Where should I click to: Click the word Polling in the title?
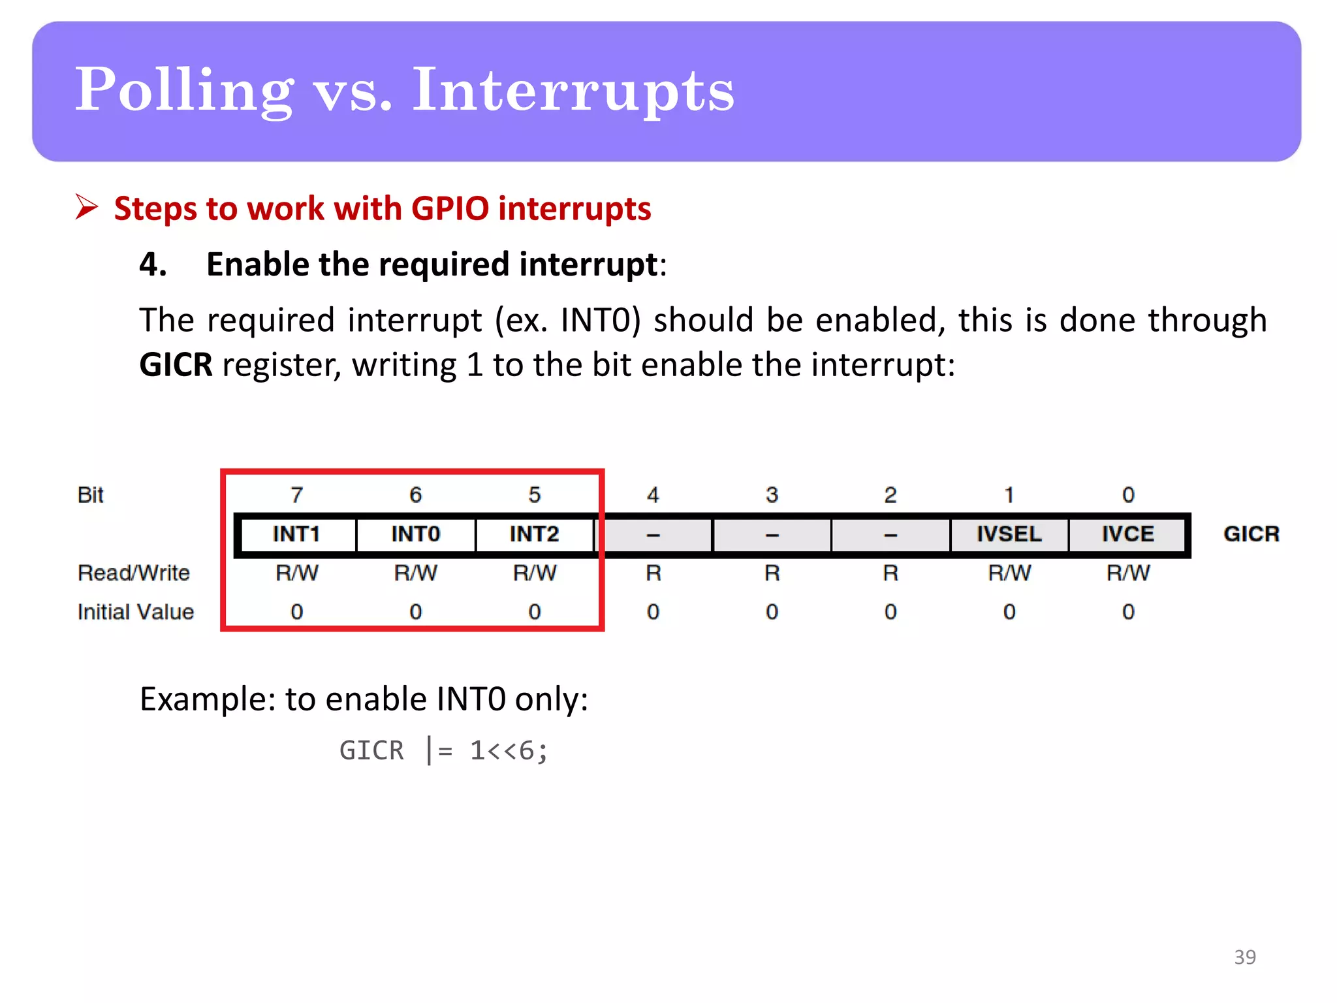(x=184, y=91)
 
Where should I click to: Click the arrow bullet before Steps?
(x=86, y=208)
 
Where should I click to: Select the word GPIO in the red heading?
(x=450, y=209)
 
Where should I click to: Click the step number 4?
(x=153, y=264)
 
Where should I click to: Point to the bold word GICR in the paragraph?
(x=176, y=364)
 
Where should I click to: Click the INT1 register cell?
(x=296, y=534)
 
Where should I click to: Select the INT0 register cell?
(x=416, y=534)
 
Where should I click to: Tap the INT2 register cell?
(x=534, y=534)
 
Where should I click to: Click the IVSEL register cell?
(x=1009, y=534)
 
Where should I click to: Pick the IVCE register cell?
(x=1128, y=534)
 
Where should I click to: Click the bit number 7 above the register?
(x=296, y=495)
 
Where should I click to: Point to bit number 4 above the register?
(x=653, y=495)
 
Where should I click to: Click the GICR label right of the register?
(x=1251, y=534)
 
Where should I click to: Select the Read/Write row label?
(x=134, y=573)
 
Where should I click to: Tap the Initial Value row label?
(x=136, y=612)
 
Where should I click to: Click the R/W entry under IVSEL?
(x=1009, y=573)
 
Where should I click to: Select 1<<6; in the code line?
(x=509, y=750)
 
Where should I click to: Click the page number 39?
(x=1245, y=957)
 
